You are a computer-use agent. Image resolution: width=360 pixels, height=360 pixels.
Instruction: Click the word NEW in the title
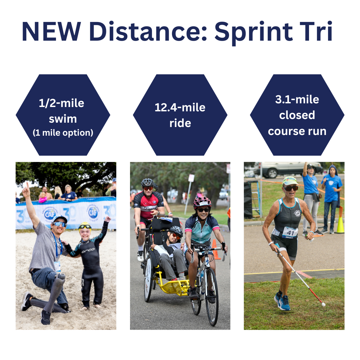pyautogui.click(x=51, y=31)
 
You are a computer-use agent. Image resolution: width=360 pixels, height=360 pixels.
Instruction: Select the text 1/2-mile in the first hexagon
pyautogui.click(x=62, y=103)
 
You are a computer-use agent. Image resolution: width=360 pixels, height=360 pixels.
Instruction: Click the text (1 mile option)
pyautogui.click(x=63, y=133)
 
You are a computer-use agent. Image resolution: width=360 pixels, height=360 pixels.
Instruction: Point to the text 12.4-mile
pyautogui.click(x=180, y=107)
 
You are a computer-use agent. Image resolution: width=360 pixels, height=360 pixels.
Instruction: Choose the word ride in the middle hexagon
pyautogui.click(x=180, y=123)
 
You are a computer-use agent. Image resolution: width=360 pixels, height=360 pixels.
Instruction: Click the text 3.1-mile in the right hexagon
pyautogui.click(x=297, y=99)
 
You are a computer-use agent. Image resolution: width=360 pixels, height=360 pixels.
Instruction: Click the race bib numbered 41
pyautogui.click(x=290, y=232)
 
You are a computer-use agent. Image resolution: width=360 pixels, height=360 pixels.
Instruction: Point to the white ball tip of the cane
pyautogui.click(x=323, y=305)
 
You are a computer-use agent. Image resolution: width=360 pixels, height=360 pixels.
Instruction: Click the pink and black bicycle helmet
pyautogui.click(x=202, y=202)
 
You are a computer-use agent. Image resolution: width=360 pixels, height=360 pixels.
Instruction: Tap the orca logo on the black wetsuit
pyautogui.click(x=88, y=250)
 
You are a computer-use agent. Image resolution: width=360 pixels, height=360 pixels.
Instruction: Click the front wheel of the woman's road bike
pyautogui.click(x=212, y=297)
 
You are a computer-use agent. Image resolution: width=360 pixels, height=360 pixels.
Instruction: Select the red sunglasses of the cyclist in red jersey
pyautogui.click(x=148, y=188)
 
